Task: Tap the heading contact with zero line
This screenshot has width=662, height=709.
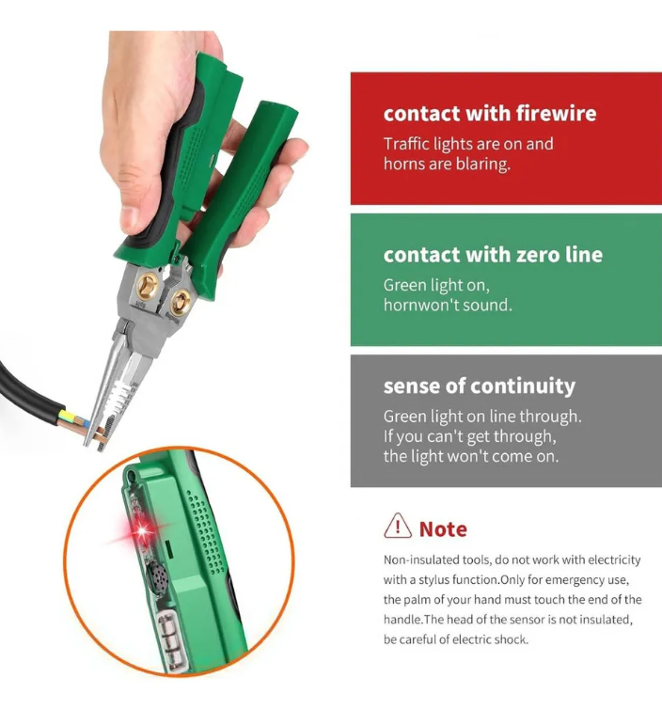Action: pyautogui.click(x=493, y=255)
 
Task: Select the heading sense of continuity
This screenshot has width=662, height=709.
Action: pyautogui.click(x=480, y=386)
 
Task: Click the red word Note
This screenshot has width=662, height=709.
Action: pyautogui.click(x=443, y=529)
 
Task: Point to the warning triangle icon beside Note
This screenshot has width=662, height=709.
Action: pyautogui.click(x=398, y=526)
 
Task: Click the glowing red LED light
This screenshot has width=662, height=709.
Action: pyautogui.click(x=142, y=530)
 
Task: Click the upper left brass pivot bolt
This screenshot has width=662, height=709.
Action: pyautogui.click(x=147, y=286)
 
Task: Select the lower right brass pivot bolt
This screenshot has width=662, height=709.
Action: pyautogui.click(x=180, y=302)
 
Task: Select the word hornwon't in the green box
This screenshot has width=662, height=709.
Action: pyautogui.click(x=416, y=305)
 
